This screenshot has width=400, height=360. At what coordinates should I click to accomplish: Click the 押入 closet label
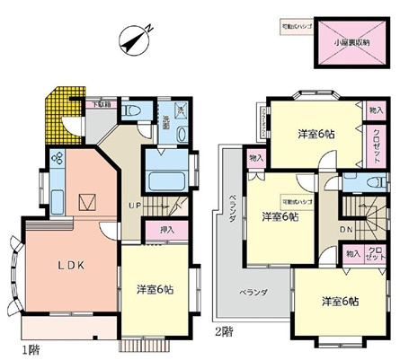click(x=166, y=231)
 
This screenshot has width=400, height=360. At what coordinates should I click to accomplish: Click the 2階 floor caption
click(x=224, y=331)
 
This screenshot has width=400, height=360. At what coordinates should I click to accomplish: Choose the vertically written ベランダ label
click(x=231, y=213)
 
